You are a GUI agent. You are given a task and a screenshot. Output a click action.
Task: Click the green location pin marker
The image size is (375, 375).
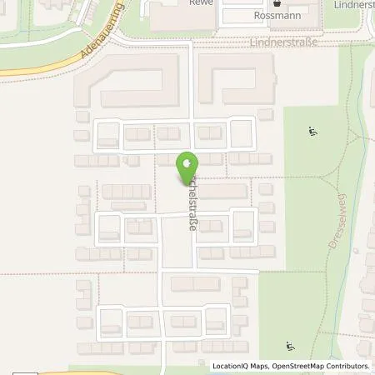click(187, 169)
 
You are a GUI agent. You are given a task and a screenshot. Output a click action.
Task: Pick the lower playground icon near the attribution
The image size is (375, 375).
click(290, 347)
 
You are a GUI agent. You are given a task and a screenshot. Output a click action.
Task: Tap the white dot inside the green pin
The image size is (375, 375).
click(187, 162)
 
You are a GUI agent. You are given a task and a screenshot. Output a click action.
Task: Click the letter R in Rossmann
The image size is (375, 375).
click(254, 16)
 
